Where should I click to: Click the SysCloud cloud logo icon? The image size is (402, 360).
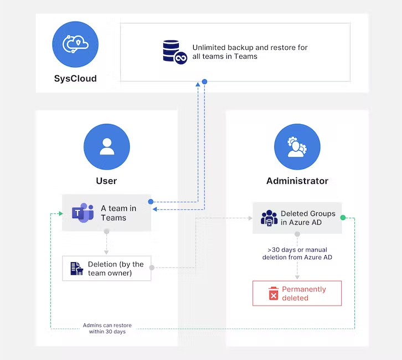pos(75,44)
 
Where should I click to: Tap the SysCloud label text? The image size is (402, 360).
pos(75,79)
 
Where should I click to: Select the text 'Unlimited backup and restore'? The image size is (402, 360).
pos(250,48)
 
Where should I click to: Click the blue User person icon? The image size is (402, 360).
pos(106,147)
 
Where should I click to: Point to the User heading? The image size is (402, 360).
pos(106,181)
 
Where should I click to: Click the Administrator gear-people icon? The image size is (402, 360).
pos(297,147)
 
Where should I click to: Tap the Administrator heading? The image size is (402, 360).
pos(297,181)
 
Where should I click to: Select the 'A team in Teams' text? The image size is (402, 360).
pos(118,213)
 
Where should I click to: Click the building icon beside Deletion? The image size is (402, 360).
pos(77,268)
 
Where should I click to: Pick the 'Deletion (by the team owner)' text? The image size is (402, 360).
pos(116,268)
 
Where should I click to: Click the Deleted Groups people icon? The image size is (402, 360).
pos(269,218)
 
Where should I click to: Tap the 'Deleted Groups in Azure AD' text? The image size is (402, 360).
pos(308,218)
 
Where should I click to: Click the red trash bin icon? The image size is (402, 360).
pos(273,294)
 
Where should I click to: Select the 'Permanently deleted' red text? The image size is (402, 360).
pos(304,294)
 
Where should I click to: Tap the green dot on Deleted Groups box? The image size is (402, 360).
pos(342,218)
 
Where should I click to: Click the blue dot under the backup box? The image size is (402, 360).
pos(204,82)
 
